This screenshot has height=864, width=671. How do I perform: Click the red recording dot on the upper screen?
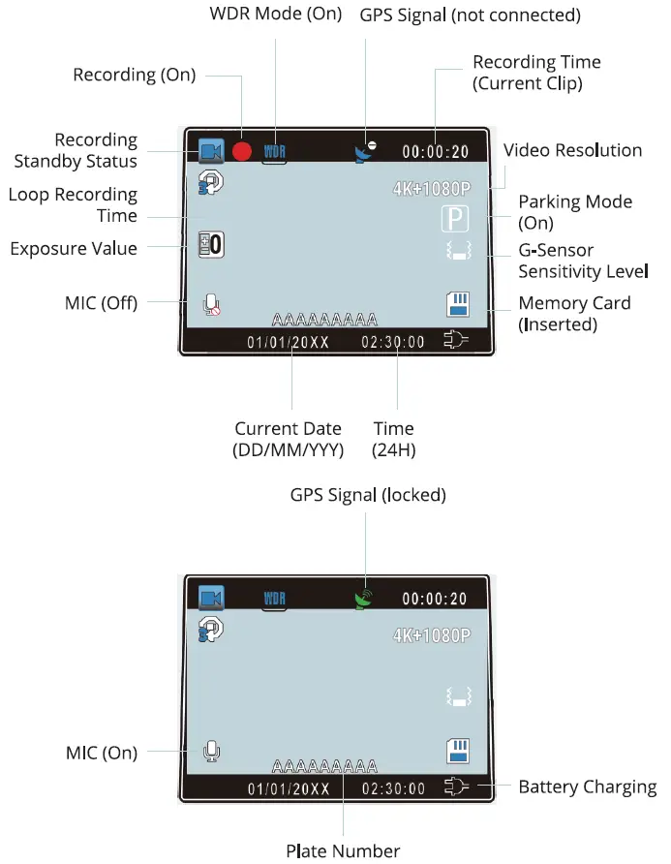tap(241, 151)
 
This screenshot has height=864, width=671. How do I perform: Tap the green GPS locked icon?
tap(364, 599)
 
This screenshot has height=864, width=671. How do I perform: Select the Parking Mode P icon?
tap(454, 219)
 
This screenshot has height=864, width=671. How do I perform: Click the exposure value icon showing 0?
tap(210, 245)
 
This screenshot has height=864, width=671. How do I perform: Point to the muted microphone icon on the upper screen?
tap(211, 304)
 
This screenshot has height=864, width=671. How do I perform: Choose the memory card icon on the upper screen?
tap(457, 304)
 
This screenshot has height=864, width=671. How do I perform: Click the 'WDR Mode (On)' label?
tap(276, 15)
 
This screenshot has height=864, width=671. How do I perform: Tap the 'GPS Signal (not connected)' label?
tap(470, 16)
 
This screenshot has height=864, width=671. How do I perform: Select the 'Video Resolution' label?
tap(572, 150)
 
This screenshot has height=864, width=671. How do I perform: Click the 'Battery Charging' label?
tap(587, 786)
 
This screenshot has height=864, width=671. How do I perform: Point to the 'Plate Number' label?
tap(343, 850)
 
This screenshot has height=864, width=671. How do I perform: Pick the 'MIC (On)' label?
tap(100, 752)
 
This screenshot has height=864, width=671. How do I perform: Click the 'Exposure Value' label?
tap(74, 249)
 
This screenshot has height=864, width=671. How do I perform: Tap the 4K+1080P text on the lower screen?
tap(431, 635)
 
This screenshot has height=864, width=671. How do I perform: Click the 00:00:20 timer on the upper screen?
tap(435, 152)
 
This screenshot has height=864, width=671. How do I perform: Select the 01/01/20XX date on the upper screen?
tap(288, 342)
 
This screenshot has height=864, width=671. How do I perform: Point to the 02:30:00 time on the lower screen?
tap(393, 788)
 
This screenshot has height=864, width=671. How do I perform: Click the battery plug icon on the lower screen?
tap(456, 787)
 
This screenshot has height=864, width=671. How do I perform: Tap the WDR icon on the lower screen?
tap(276, 599)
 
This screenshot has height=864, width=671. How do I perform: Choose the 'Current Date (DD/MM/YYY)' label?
tap(289, 439)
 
